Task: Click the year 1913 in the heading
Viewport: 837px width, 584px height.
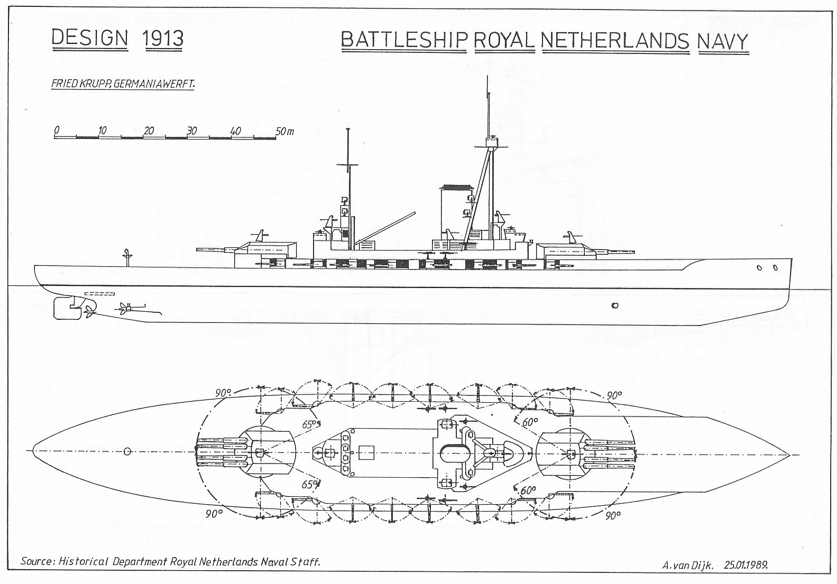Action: click(163, 39)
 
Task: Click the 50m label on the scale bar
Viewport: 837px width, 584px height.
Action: click(284, 131)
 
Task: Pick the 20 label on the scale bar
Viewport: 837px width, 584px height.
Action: click(149, 131)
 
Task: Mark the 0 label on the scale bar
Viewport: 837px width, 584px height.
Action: click(57, 130)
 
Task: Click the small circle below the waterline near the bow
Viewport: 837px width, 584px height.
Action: click(614, 305)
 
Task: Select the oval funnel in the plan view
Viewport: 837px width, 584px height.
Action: click(454, 451)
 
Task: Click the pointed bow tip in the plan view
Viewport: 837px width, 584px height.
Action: click(788, 455)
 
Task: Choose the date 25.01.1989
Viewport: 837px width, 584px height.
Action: click(746, 564)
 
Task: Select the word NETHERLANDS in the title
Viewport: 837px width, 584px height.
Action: click(615, 41)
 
